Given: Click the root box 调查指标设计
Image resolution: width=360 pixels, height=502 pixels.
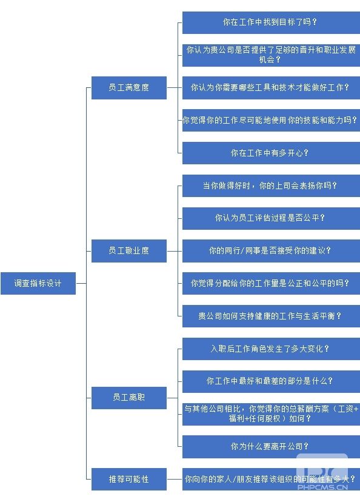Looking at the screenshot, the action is [x=38, y=283].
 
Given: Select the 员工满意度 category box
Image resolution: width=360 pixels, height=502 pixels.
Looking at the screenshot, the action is [x=129, y=88].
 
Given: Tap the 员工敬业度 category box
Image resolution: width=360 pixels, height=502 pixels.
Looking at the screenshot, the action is [x=129, y=250].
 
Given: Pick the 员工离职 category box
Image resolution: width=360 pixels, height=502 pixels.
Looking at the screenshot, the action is [x=129, y=398].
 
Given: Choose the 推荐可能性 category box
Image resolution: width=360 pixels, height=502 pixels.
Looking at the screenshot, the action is [x=129, y=480].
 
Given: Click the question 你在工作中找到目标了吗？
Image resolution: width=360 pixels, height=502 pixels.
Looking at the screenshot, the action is [x=271, y=22].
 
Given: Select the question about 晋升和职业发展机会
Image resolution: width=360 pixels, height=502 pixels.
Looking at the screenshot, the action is [x=271, y=55].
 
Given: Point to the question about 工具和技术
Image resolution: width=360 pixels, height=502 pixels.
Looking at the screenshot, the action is [x=271, y=88].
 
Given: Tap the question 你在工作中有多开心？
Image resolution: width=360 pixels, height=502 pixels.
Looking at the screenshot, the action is [x=271, y=153].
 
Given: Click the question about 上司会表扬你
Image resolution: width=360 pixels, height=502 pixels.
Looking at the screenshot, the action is [x=271, y=186].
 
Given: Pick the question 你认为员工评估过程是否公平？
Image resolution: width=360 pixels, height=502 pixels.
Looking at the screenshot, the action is [x=271, y=218].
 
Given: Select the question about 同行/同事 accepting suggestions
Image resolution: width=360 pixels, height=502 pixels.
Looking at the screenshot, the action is [x=271, y=251].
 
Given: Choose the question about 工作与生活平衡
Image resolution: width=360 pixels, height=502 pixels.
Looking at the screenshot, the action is [x=271, y=316].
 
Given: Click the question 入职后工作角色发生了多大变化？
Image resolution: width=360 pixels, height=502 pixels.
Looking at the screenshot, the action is [x=271, y=349].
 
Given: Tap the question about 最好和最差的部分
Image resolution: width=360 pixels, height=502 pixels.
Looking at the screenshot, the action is [x=271, y=381].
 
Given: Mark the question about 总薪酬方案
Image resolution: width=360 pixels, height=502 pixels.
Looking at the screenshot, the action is [x=271, y=414].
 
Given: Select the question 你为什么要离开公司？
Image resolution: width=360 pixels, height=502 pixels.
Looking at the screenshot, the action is [x=271, y=447].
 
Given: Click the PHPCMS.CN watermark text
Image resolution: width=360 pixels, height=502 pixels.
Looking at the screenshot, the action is [x=322, y=487].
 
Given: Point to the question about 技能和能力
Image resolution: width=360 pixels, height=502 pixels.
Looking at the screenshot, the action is [x=271, y=121].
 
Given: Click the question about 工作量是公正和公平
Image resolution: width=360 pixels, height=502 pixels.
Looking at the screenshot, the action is [x=271, y=283].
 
